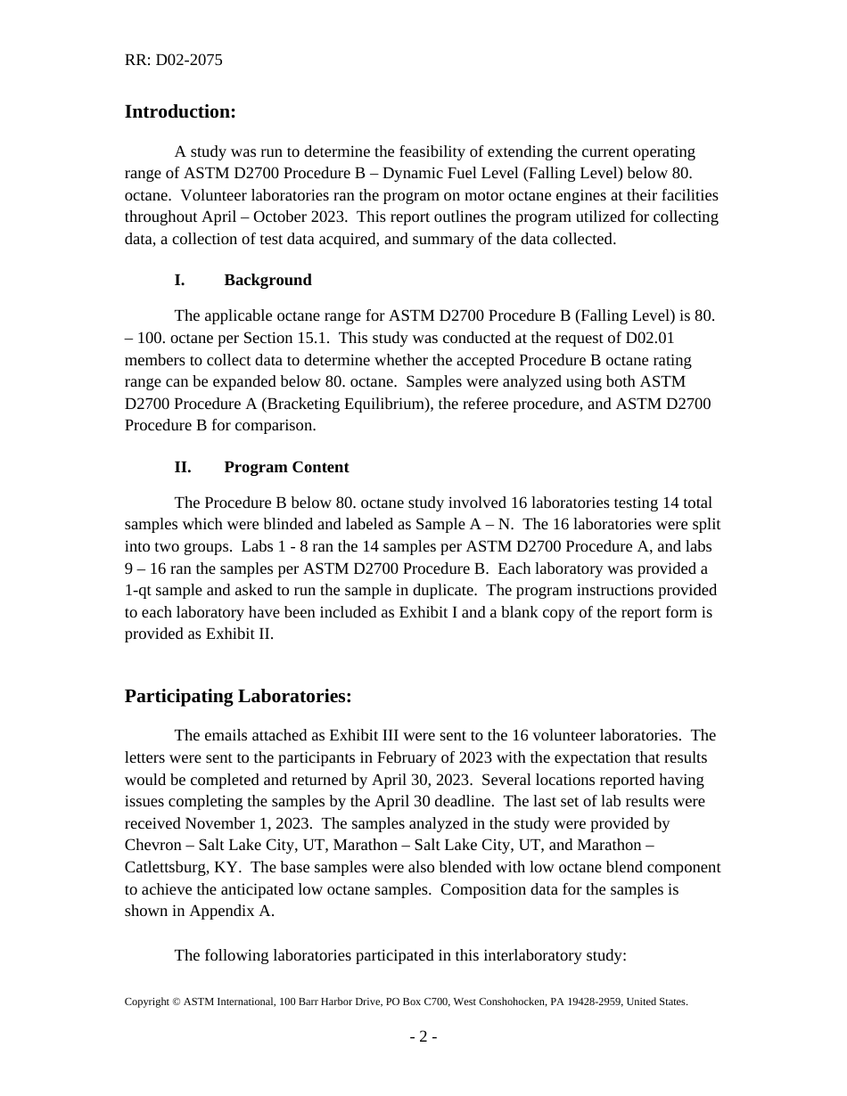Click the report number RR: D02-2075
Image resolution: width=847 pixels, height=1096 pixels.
pos(173,61)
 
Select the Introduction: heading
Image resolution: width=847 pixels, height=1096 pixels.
pos(180,111)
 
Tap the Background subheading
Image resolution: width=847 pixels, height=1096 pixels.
pos(267,280)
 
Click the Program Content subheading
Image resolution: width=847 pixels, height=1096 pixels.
pos(286,467)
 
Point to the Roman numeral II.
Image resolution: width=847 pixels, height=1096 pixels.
pos(183,467)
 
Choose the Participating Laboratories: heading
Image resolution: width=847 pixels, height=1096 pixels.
pos(238,696)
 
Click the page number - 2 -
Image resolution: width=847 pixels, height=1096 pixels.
pos(423,1036)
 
